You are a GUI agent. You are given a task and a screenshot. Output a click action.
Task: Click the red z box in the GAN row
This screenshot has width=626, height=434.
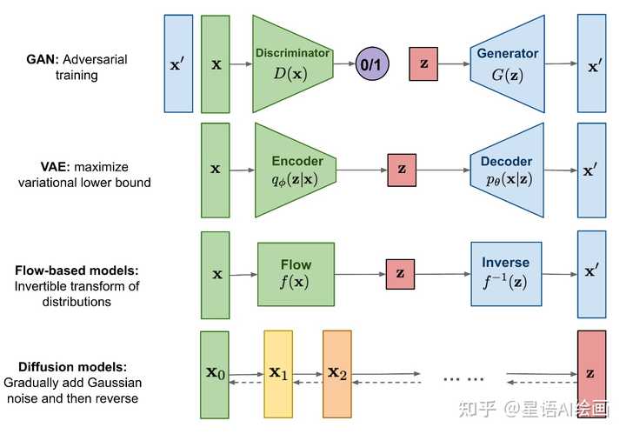pyautogui.click(x=423, y=64)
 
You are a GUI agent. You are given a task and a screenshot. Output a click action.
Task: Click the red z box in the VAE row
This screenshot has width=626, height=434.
pyautogui.click(x=401, y=170)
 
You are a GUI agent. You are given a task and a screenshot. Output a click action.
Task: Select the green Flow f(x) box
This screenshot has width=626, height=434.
pyautogui.click(x=296, y=274)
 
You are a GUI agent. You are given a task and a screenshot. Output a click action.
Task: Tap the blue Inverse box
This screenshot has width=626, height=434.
pyautogui.click(x=505, y=274)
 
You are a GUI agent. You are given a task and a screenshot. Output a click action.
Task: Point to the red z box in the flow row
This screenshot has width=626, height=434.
pyautogui.click(x=400, y=274)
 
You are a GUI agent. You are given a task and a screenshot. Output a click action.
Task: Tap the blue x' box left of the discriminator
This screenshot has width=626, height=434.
pyautogui.click(x=178, y=63)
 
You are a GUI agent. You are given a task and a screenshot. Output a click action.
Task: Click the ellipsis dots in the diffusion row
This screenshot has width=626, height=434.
pyautogui.click(x=463, y=377)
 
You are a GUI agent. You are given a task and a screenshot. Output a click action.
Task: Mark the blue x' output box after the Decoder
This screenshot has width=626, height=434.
pyautogui.click(x=591, y=170)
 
